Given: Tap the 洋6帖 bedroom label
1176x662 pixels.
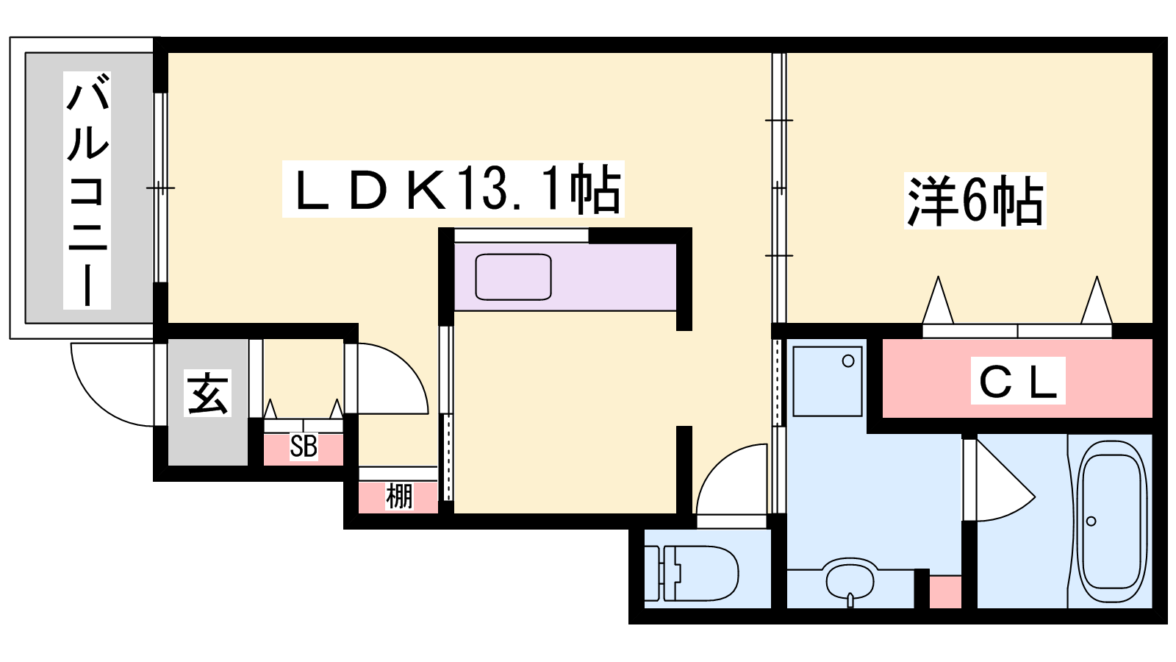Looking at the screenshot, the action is [975, 201].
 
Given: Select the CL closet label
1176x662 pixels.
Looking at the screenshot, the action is [1017, 381].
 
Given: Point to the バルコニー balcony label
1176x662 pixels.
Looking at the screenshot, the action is [87, 190].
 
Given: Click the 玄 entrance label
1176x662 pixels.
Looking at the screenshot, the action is [207, 394].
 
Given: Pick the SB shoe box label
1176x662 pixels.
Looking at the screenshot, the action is [304, 446].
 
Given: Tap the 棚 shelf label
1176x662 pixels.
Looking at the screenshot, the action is [399, 496].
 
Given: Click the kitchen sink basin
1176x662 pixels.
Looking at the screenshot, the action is [513, 277].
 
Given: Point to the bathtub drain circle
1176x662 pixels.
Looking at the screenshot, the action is [1091, 522].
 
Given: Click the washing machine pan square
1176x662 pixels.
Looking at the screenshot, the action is [828, 381].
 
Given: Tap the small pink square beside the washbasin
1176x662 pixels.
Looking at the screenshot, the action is [945, 592].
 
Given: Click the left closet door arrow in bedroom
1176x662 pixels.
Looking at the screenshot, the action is [938, 300].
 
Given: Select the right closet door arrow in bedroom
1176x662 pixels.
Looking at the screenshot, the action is [1096, 300].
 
